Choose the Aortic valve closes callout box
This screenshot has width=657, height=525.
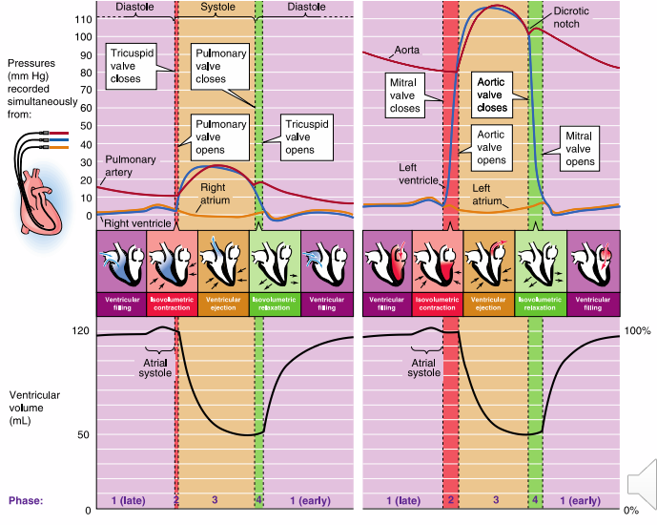click(x=491, y=95)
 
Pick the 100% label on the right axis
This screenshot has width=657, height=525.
click(x=637, y=330)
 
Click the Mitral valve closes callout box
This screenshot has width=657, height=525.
click(x=405, y=95)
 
